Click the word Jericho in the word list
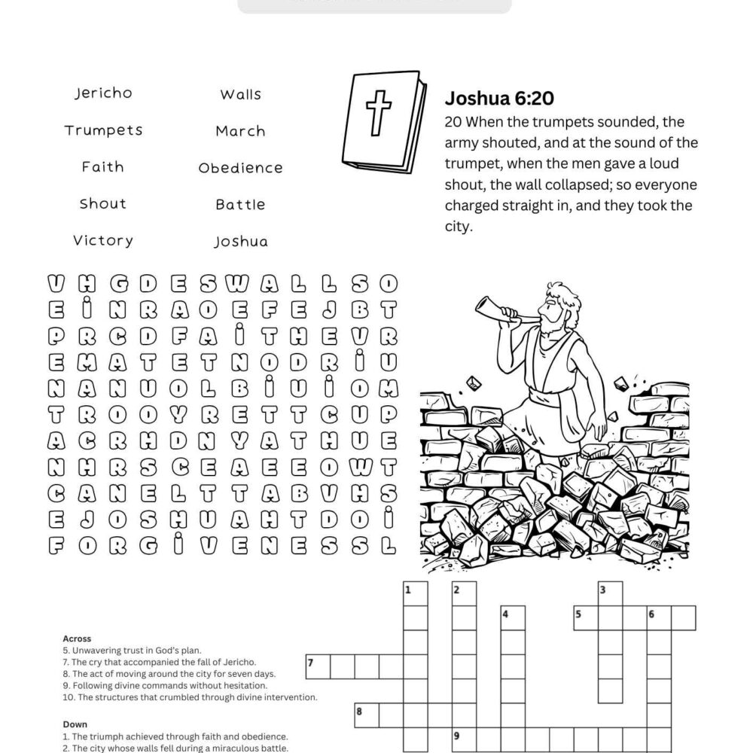[x=103, y=93]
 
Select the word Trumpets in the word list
[x=103, y=130]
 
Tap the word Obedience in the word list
[x=240, y=168]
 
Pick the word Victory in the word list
[x=103, y=241]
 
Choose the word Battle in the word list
[x=240, y=205]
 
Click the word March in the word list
[x=240, y=131]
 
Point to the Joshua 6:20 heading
[x=500, y=99]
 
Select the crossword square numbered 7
[x=317, y=666]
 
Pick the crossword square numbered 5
[x=585, y=617]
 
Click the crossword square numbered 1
[x=415, y=593]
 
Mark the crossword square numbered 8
[x=366, y=715]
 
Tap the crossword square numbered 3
[x=610, y=593]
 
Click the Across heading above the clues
[x=77, y=639]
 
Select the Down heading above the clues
[x=75, y=724]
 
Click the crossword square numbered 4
[x=513, y=617]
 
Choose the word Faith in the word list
[x=103, y=167]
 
